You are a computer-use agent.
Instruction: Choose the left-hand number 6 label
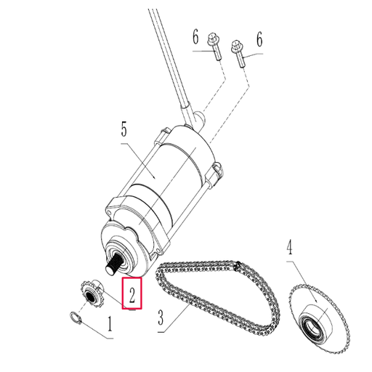195,36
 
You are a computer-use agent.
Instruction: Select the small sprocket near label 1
88,295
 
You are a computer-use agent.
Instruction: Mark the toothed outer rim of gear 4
295,299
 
